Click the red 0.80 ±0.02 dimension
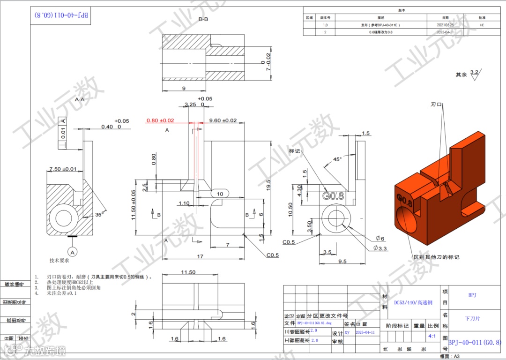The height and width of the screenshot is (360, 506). click(x=160, y=120)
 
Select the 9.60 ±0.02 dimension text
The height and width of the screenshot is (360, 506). click(x=223, y=120)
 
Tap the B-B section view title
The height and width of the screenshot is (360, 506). click(x=203, y=19)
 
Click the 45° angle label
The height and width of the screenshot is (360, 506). click(x=337, y=159)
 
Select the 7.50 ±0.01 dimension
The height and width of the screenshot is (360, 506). click(x=63, y=169)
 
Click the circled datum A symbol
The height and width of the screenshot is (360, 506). click(x=73, y=252)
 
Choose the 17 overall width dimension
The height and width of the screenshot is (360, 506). click(x=200, y=256)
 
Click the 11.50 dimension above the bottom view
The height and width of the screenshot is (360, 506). click(x=188, y=272)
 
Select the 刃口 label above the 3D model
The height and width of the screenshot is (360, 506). click(x=436, y=105)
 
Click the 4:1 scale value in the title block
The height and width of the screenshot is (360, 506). click(x=432, y=336)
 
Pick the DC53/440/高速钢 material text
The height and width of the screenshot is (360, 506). click(x=413, y=303)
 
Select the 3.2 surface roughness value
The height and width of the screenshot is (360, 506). click(x=474, y=72)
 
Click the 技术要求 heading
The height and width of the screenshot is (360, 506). click(x=60, y=260)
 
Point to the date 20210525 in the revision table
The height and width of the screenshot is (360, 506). click(x=446, y=24)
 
